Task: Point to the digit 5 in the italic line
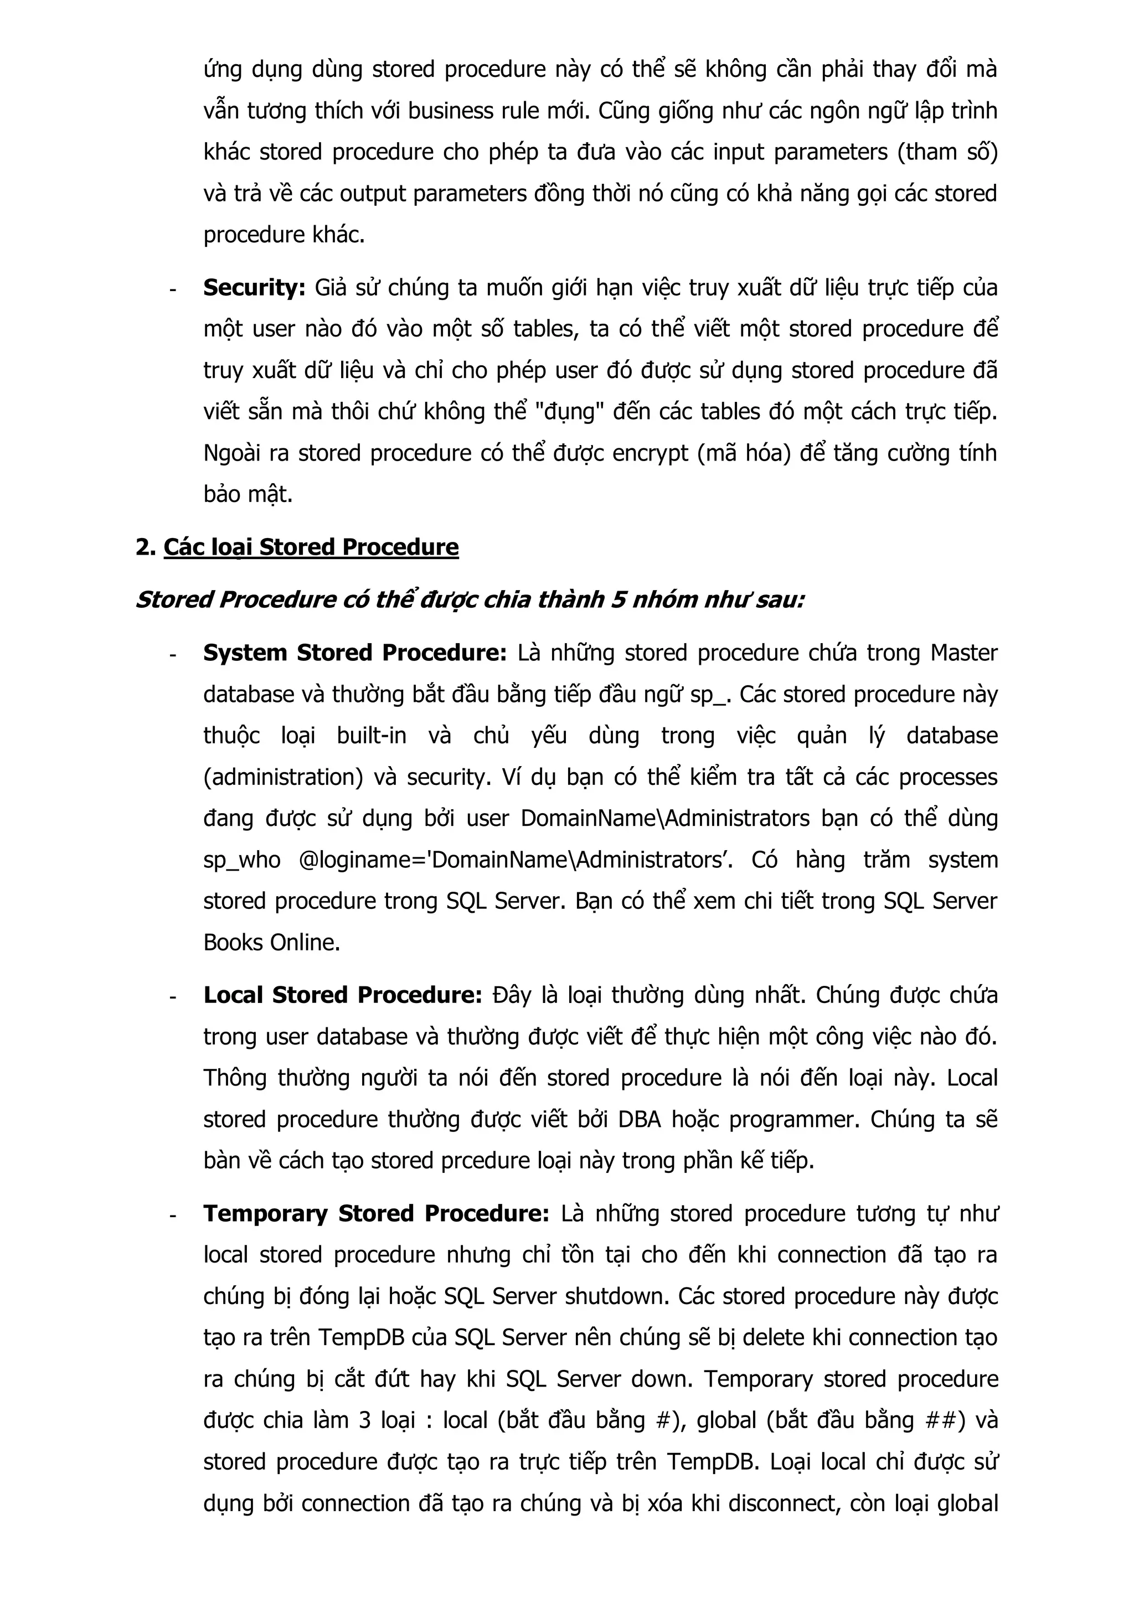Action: point(617,599)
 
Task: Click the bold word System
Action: point(245,653)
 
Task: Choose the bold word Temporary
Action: point(265,1213)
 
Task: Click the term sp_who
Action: point(241,860)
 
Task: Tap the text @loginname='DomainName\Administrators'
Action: point(516,860)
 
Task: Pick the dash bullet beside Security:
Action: point(172,289)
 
